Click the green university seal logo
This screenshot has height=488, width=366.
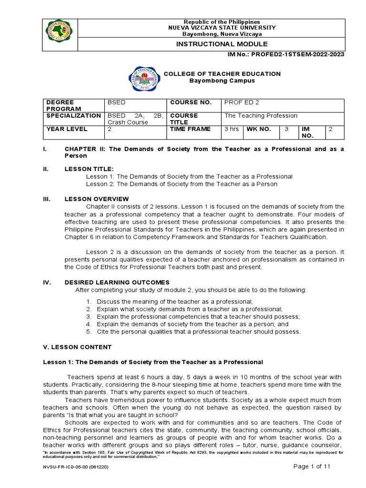(x=59, y=32)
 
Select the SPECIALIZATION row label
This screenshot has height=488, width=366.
(x=73, y=115)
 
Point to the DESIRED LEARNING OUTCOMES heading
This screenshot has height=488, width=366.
(x=117, y=283)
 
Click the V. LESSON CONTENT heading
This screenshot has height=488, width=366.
(x=77, y=347)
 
